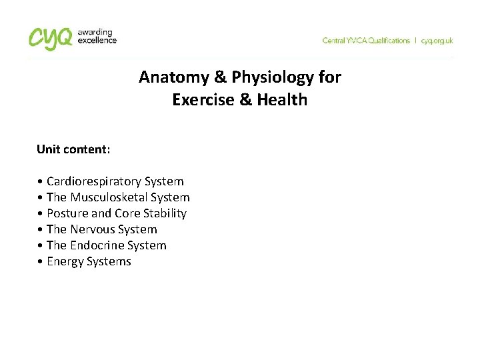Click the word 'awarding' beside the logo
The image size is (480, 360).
click(95, 32)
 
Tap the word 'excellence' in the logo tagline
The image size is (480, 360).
click(98, 40)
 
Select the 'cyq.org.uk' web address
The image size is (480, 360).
click(437, 41)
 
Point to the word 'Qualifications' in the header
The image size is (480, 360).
click(385, 41)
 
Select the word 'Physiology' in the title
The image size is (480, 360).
click(273, 77)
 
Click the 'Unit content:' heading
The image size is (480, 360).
click(73, 149)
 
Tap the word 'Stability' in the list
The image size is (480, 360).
click(165, 213)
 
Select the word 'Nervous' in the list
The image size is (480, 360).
click(92, 229)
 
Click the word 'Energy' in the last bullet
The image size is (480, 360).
click(65, 261)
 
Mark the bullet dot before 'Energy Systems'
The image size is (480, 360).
click(41, 262)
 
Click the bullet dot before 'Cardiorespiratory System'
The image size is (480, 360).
click(41, 182)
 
